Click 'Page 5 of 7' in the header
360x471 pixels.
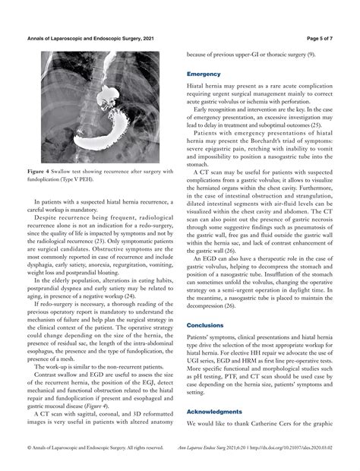(325, 37)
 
